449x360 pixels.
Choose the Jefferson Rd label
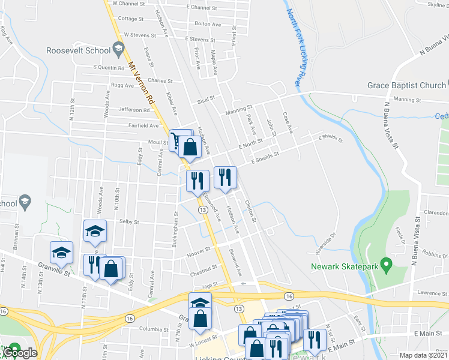pos(134,110)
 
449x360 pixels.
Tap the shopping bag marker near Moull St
pos(190,147)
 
